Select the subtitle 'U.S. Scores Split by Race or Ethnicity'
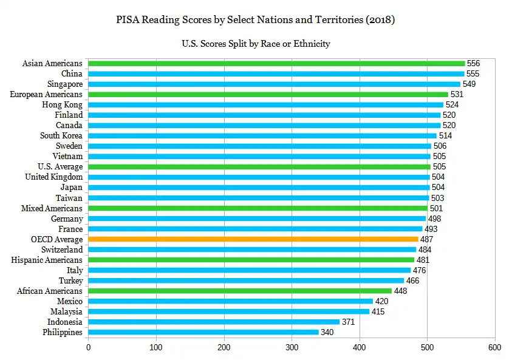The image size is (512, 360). (256, 44)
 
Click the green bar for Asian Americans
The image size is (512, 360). (276, 63)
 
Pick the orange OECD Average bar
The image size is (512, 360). (253, 239)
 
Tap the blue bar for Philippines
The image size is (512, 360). (203, 332)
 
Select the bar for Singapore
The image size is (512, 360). (274, 84)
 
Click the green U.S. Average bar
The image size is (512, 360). (259, 166)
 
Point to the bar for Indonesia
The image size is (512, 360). (214, 322)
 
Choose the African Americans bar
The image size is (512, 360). (240, 291)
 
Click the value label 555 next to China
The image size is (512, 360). (473, 73)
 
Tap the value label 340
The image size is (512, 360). (327, 332)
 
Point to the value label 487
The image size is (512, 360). (427, 239)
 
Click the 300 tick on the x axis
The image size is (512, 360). (292, 348)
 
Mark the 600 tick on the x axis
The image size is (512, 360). (494, 348)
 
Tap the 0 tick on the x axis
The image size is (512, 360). (89, 348)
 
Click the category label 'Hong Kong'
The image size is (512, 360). (63, 104)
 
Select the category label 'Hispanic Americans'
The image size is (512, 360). (47, 260)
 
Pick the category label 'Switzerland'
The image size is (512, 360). (62, 250)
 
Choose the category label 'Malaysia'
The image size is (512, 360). (66, 311)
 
